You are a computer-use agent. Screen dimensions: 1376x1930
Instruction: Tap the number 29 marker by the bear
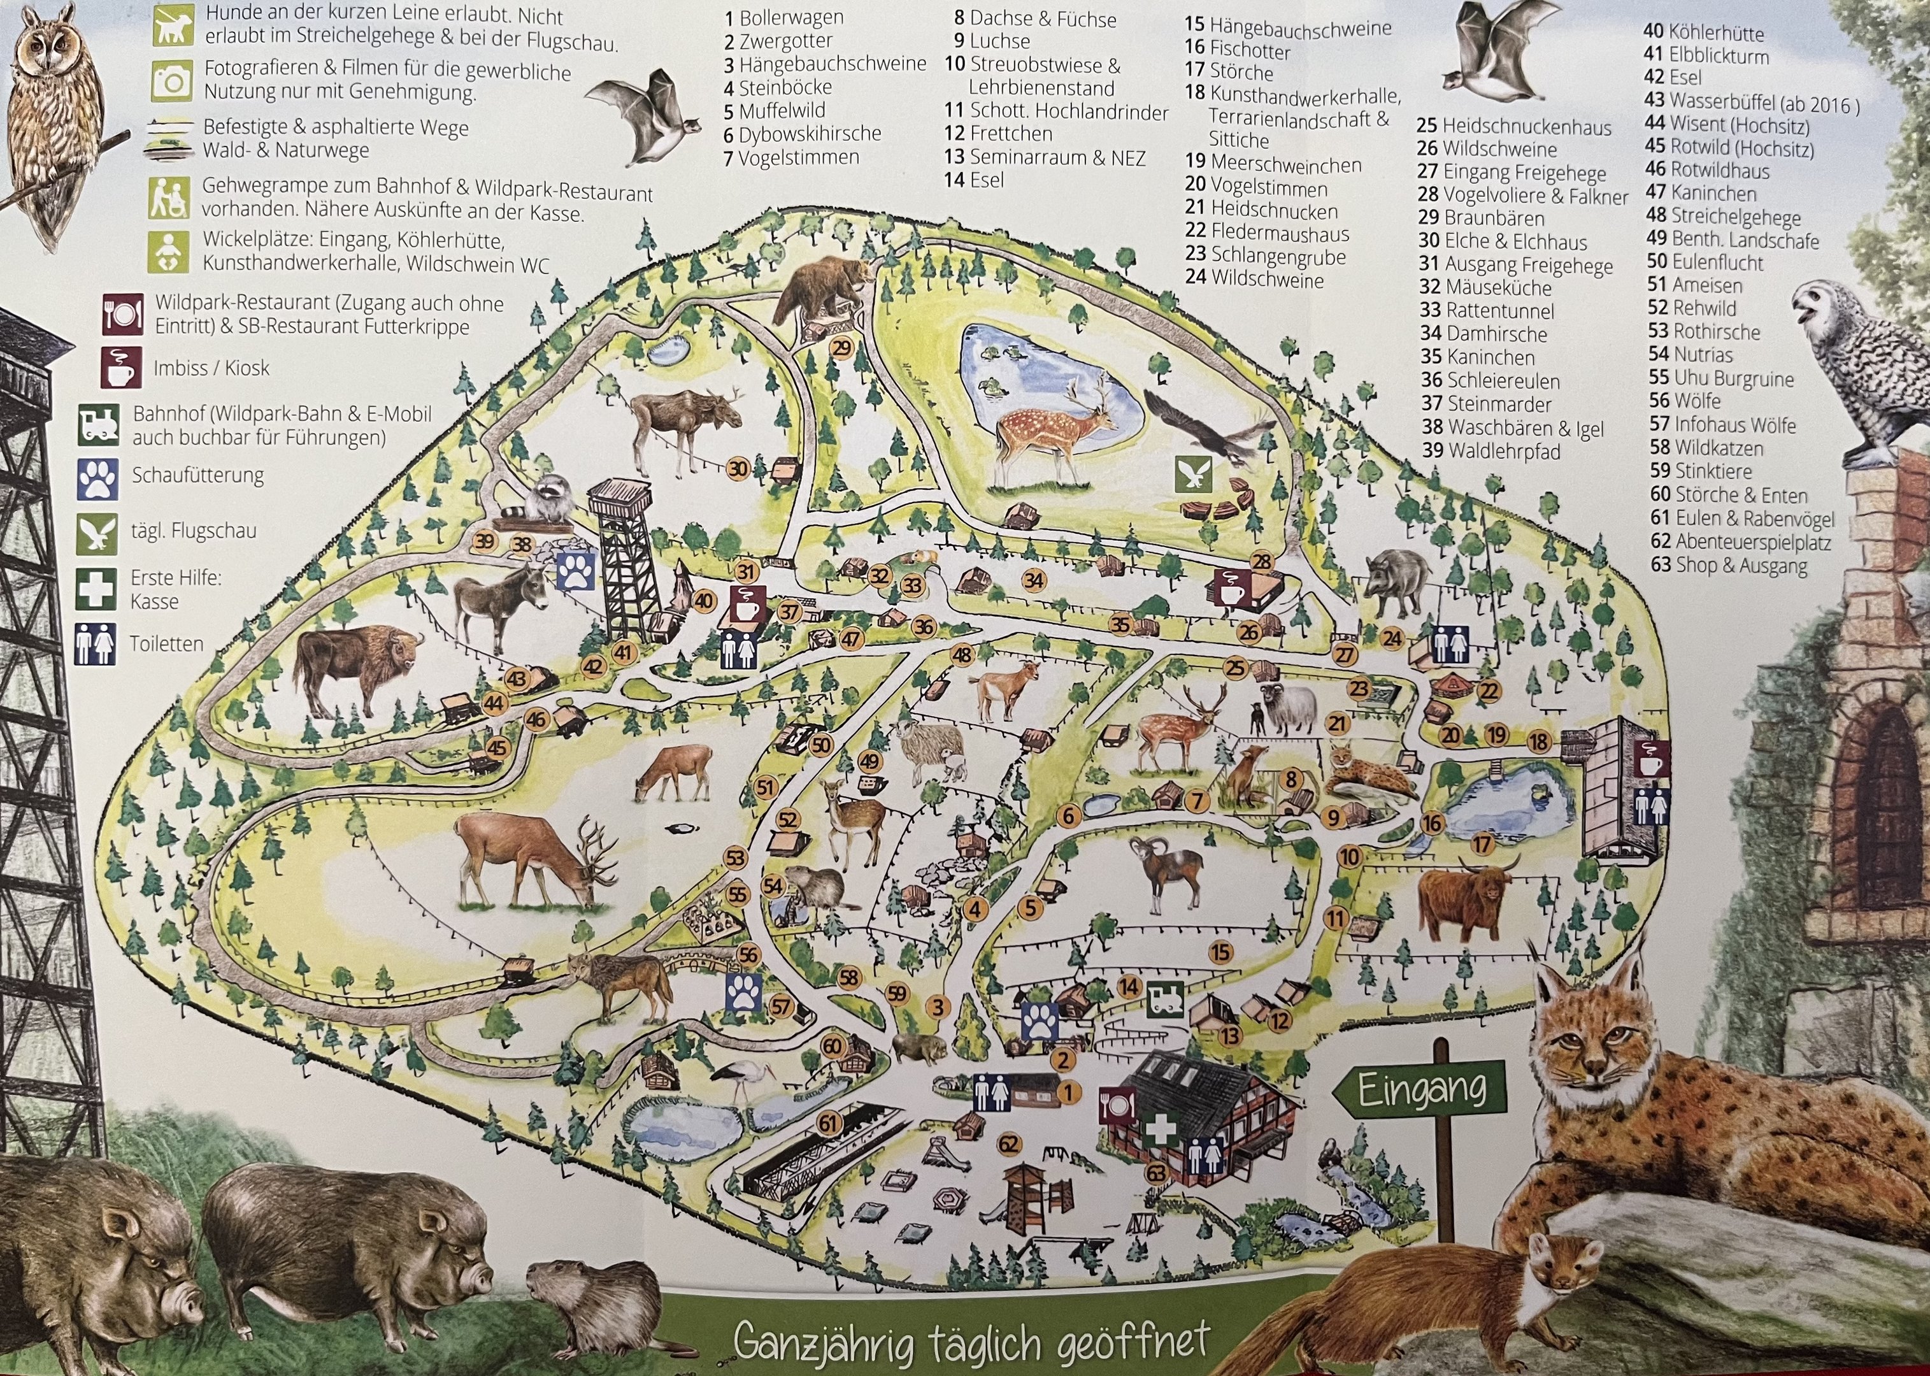841,348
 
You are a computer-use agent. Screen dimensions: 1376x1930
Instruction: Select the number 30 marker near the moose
738,469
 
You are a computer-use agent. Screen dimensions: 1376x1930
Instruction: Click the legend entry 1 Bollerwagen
772,18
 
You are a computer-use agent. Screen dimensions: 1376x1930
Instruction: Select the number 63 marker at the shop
1157,1173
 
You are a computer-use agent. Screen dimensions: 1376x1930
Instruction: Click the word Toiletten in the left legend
166,644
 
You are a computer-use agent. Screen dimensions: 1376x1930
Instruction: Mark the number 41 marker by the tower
624,652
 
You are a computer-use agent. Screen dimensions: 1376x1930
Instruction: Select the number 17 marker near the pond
1482,845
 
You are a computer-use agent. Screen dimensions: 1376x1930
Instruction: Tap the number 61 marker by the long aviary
828,1124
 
